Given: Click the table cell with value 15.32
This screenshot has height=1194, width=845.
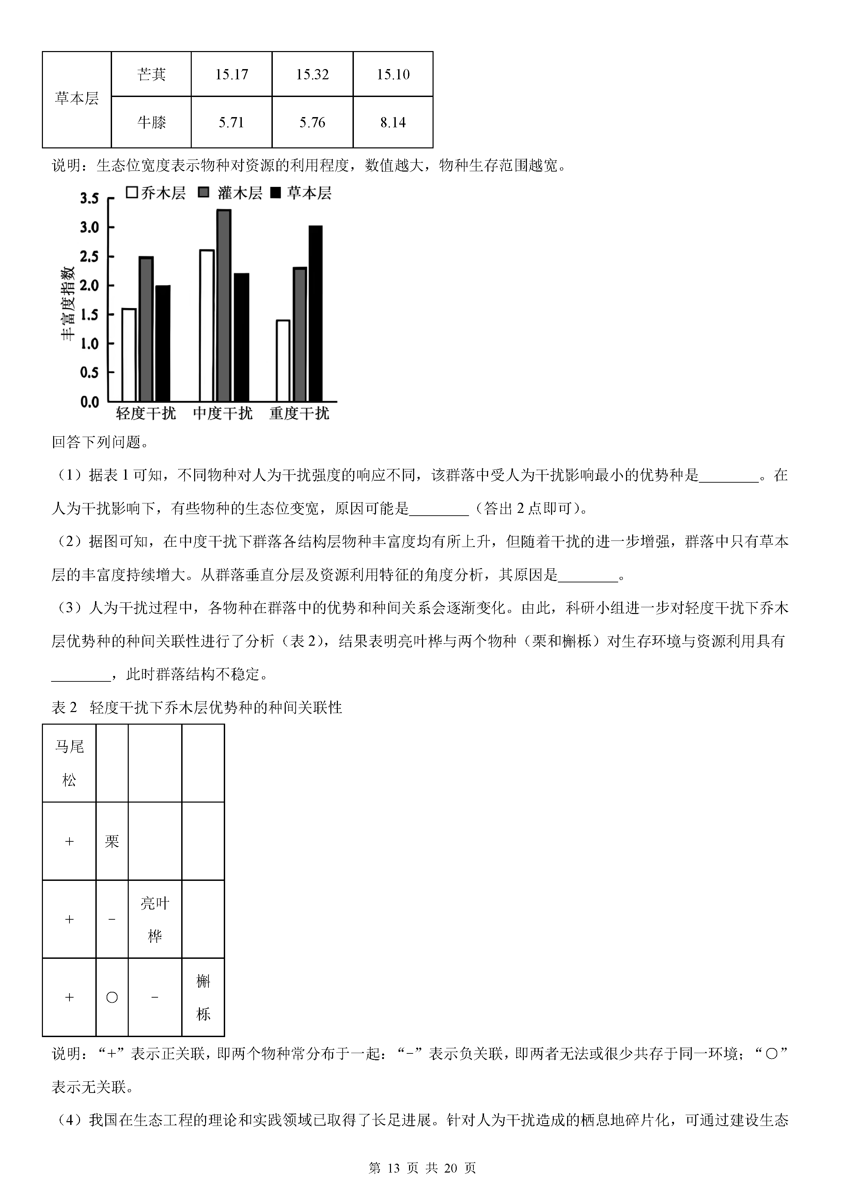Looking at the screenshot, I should (312, 74).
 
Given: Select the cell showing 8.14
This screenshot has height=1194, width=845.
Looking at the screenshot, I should (393, 123).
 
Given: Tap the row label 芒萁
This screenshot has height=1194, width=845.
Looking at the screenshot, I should (152, 74).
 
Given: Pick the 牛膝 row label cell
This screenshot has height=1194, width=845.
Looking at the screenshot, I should (152, 123).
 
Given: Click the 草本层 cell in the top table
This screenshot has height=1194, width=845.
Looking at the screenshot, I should (77, 99).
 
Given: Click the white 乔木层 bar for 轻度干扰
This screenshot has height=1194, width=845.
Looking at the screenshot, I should (129, 355).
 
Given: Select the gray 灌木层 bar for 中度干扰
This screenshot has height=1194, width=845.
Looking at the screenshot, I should (224, 306).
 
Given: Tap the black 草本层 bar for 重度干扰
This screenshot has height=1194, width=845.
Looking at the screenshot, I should (315, 313).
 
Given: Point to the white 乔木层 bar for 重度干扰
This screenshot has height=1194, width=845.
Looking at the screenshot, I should (283, 361).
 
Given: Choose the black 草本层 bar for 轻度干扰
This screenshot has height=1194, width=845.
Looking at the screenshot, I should (163, 343).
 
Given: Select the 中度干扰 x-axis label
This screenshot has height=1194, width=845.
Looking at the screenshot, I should (223, 414).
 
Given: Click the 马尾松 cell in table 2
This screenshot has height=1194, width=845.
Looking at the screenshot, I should (69, 763).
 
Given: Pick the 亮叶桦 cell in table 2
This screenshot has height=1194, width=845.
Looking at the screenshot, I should (155, 919).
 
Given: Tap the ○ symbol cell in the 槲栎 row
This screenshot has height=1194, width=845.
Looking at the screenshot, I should (112, 997).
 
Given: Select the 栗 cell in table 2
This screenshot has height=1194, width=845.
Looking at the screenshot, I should (112, 841).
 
